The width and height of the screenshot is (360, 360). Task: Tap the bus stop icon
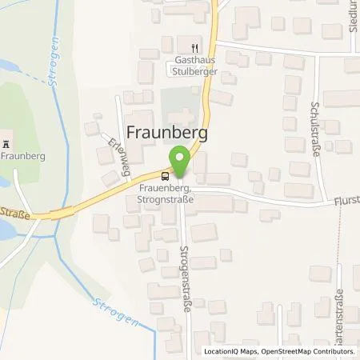165,175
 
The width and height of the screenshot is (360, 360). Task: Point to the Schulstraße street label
315,131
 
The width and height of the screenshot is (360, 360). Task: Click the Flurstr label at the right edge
346,202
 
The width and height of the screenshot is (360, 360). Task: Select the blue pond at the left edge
6,233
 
